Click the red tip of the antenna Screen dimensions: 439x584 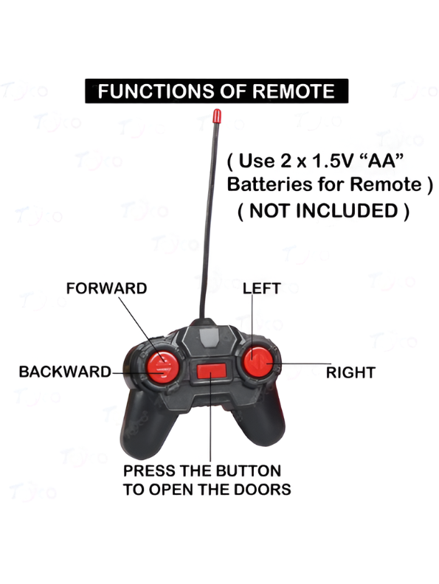tap(216, 116)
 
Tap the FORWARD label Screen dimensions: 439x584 tap(106, 288)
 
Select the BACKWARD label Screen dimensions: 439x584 tap(65, 372)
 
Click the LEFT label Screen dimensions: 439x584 tap(262, 288)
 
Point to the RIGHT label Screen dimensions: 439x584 tap(350, 372)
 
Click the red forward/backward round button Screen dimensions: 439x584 tap(162, 366)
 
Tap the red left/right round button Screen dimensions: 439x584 tap(258, 361)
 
